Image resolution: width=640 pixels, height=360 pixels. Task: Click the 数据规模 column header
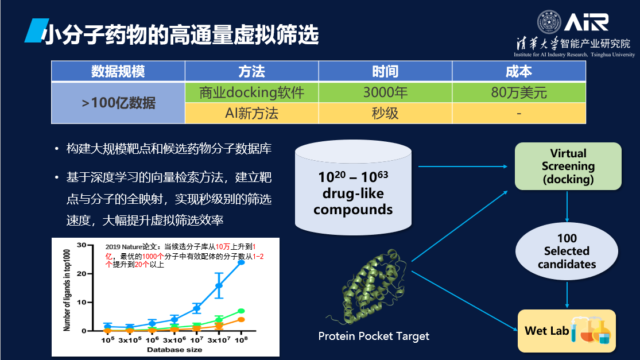pyautogui.click(x=118, y=71)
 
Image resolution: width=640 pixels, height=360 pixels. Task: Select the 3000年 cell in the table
pyautogui.click(x=385, y=92)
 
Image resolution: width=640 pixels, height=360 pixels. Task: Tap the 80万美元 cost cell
pyautogui.click(x=519, y=92)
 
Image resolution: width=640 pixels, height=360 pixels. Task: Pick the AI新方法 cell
pyautogui.click(x=251, y=113)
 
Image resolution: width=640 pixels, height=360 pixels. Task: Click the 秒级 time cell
pyautogui.click(x=385, y=113)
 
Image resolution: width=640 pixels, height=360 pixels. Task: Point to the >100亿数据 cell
pyautogui.click(x=118, y=103)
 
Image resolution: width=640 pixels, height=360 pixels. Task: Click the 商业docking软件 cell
pyautogui.click(x=251, y=92)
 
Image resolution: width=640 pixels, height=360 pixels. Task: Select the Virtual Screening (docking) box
pyautogui.click(x=568, y=166)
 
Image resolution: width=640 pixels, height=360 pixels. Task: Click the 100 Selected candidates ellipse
pyautogui.click(x=567, y=251)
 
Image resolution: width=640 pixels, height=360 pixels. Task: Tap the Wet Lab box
pyautogui.click(x=567, y=331)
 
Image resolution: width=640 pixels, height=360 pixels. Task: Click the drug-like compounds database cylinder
pyautogui.click(x=353, y=188)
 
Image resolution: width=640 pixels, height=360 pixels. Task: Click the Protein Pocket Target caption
pyautogui.click(x=374, y=336)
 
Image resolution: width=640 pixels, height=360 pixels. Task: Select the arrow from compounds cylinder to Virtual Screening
pyautogui.click(x=463, y=167)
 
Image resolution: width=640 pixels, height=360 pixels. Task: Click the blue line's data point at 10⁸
pyautogui.click(x=241, y=262)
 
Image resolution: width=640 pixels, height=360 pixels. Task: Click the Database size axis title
pyautogui.click(x=174, y=350)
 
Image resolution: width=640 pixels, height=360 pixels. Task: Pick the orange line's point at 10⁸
pyautogui.click(x=241, y=320)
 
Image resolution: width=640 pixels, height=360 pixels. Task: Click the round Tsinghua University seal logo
pyautogui.click(x=549, y=22)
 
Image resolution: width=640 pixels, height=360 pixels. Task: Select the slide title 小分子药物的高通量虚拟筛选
pyautogui.click(x=180, y=34)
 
